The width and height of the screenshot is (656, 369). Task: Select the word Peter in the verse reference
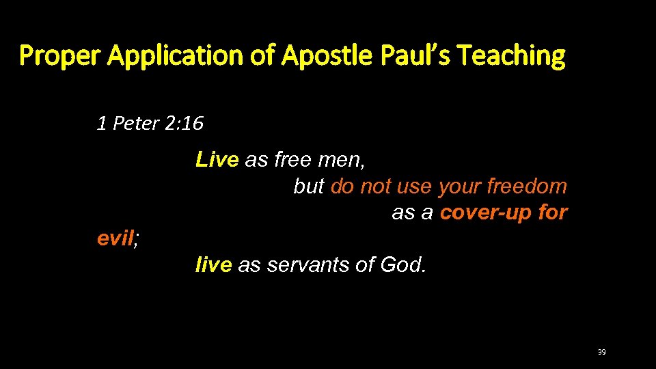135,124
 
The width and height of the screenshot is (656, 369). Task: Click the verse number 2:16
184,124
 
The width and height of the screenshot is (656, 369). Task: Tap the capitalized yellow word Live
217,160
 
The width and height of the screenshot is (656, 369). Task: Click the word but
309,187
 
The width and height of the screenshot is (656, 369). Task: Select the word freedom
527,187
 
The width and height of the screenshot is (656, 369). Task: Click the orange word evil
115,238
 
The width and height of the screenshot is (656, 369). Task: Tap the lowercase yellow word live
214,265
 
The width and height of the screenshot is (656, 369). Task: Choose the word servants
308,265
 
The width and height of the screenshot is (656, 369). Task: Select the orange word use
413,187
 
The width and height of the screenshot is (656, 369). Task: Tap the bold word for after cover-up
553,213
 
